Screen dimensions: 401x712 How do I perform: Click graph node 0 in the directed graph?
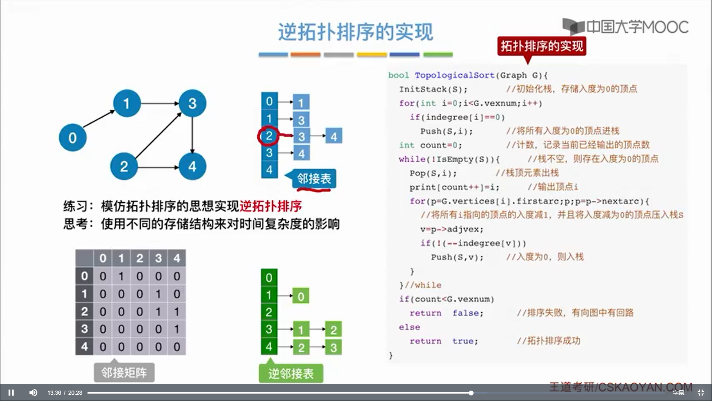click(73, 138)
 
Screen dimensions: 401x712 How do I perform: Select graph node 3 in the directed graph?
click(192, 103)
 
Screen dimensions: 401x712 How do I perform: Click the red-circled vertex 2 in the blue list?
click(269, 136)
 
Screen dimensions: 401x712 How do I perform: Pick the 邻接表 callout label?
click(314, 179)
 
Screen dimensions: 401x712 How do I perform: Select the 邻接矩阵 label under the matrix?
click(124, 372)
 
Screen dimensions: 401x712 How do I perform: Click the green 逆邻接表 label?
click(291, 374)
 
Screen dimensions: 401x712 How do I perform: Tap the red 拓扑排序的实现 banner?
click(541, 46)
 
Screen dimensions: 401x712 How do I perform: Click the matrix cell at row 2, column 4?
click(177, 312)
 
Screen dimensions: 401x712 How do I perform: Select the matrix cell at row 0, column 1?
click(121, 276)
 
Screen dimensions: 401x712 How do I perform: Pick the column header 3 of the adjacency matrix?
click(158, 258)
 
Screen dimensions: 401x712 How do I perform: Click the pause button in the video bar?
click(11, 392)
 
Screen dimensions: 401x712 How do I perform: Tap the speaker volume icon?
click(33, 392)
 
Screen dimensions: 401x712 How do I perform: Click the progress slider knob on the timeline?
click(471, 393)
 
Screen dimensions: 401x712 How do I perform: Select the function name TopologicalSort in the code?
click(454, 75)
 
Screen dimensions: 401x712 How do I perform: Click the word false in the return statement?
click(465, 313)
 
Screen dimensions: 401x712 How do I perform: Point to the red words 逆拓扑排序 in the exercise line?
click(271, 206)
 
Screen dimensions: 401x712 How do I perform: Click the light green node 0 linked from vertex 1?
click(301, 296)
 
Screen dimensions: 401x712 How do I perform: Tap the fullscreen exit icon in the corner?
click(701, 392)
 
